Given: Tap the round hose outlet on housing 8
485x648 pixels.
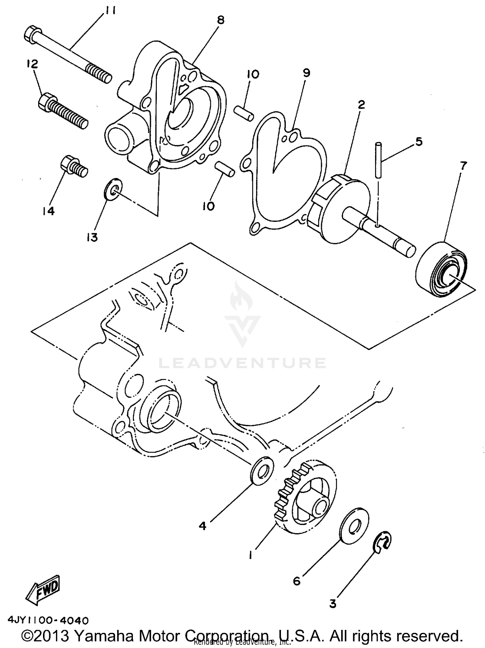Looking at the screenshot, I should (120, 138).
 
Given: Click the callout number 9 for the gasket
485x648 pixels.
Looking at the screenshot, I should (306, 73).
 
